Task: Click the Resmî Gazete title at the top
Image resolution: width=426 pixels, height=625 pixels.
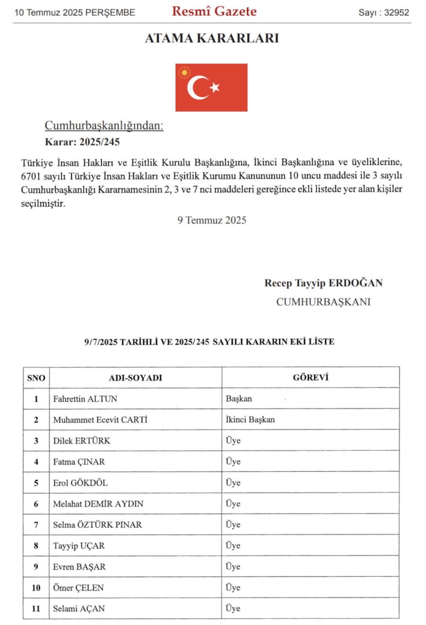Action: pos(214,11)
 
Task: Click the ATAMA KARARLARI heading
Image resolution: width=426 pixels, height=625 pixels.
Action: pos(212,38)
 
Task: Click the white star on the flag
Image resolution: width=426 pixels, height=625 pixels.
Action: pos(215,87)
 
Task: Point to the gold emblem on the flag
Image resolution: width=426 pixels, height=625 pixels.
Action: pos(184,72)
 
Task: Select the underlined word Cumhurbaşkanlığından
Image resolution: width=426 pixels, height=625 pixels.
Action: pos(104,126)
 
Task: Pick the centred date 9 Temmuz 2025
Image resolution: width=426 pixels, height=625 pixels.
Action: pos(212,220)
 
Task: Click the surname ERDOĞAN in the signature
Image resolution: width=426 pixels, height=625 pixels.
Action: pos(358,283)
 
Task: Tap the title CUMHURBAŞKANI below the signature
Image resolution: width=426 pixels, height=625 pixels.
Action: pos(323,302)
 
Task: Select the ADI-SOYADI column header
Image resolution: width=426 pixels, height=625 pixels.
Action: pos(135,378)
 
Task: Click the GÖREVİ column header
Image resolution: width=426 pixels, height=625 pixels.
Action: pos(310,378)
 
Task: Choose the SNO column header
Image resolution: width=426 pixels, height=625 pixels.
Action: pos(36,378)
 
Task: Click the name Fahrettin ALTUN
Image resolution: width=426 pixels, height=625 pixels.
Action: pos(85,398)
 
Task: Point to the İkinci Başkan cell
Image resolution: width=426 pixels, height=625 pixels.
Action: pos(250,419)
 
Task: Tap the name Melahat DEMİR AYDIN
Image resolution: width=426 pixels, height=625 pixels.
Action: pos(98,503)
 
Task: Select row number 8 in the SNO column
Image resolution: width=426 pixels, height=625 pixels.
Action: pos(36,545)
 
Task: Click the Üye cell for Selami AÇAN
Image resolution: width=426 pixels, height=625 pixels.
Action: pos(233,608)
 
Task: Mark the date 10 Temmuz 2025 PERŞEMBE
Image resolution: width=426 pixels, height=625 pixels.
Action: pos(75,12)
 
